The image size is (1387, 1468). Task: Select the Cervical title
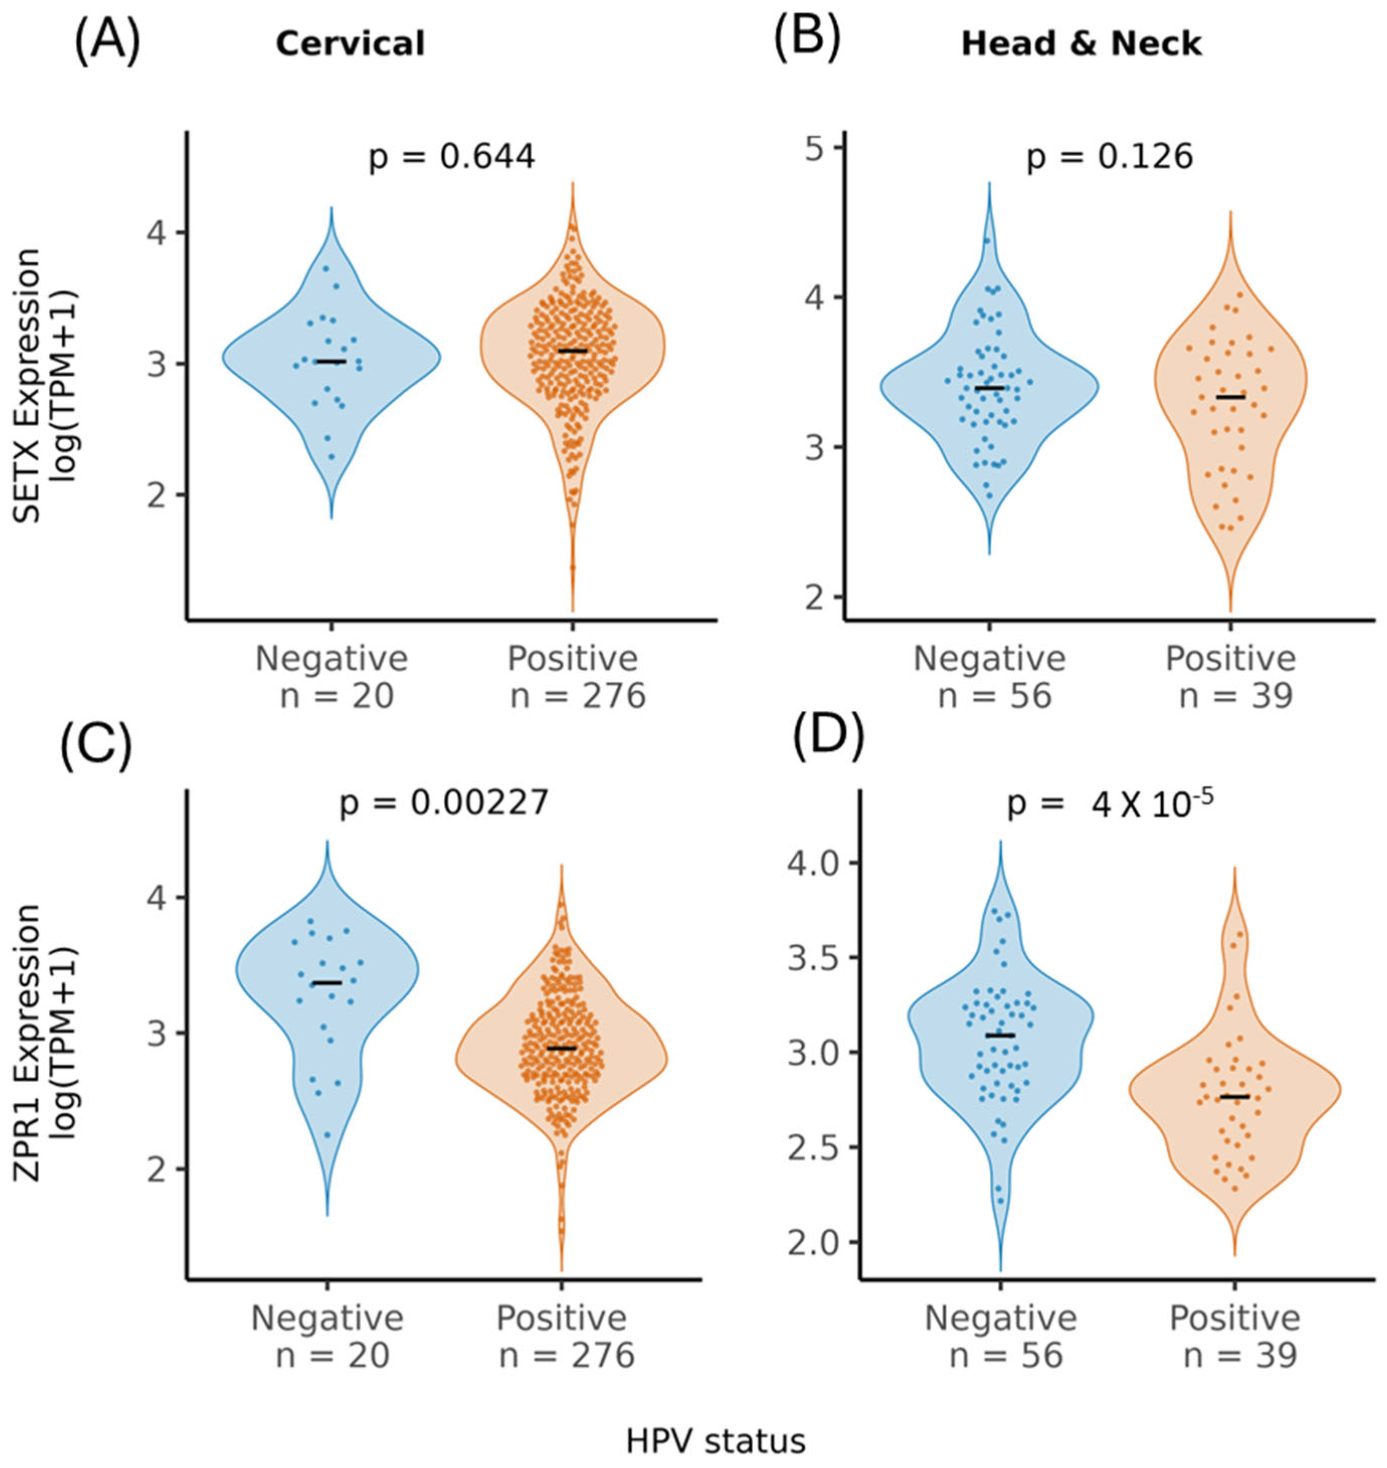pyautogui.click(x=350, y=44)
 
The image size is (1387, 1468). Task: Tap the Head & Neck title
pyautogui.click(x=1081, y=44)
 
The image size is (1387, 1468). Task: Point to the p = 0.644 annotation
pyautogui.click(x=451, y=157)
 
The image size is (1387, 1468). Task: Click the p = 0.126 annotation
pyautogui.click(x=1110, y=157)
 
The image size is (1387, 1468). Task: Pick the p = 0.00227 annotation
pyautogui.click(x=444, y=802)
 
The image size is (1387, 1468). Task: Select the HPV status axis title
pyautogui.click(x=715, y=1441)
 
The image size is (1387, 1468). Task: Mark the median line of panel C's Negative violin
pyautogui.click(x=327, y=983)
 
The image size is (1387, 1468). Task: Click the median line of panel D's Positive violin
pyautogui.click(x=1234, y=1097)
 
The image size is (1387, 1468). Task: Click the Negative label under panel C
pyautogui.click(x=328, y=1318)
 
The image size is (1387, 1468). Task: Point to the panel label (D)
pyautogui.click(x=828, y=742)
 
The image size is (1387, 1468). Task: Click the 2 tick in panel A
pyautogui.click(x=157, y=494)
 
